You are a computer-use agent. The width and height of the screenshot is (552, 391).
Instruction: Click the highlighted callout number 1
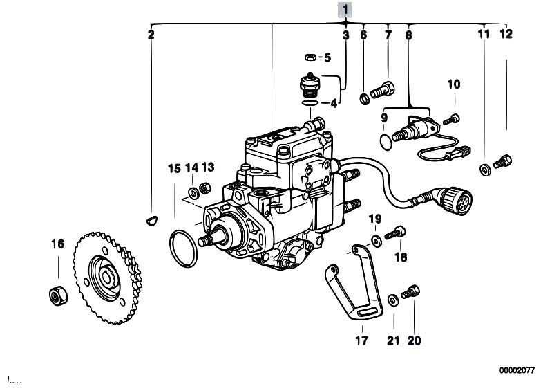click(x=345, y=10)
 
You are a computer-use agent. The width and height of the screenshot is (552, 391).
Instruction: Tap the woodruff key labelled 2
click(x=152, y=221)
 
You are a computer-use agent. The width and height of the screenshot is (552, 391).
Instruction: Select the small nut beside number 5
click(x=310, y=57)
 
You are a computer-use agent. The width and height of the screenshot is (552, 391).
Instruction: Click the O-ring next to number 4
click(x=310, y=102)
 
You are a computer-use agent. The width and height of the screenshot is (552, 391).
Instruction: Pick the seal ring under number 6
click(x=365, y=99)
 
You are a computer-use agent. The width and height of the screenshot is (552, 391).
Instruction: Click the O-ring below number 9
click(x=386, y=142)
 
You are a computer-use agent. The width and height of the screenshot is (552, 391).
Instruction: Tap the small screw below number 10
click(x=452, y=119)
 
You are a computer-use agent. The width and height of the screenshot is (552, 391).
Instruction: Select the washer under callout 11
click(x=486, y=170)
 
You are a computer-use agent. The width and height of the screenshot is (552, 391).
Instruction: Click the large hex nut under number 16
click(x=58, y=295)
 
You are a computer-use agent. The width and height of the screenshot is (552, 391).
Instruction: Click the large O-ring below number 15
click(x=183, y=249)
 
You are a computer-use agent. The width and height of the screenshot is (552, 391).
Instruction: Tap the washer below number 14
click(x=193, y=193)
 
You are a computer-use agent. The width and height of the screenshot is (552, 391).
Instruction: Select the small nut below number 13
click(x=205, y=188)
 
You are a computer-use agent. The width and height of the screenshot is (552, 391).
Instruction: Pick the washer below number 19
click(x=377, y=241)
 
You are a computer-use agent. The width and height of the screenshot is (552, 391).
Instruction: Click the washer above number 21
click(x=393, y=300)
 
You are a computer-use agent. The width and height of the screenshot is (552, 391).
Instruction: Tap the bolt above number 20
click(x=410, y=292)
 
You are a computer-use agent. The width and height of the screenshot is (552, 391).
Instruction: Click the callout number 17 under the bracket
click(x=361, y=340)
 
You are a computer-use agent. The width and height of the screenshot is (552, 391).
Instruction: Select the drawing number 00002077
click(x=517, y=370)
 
